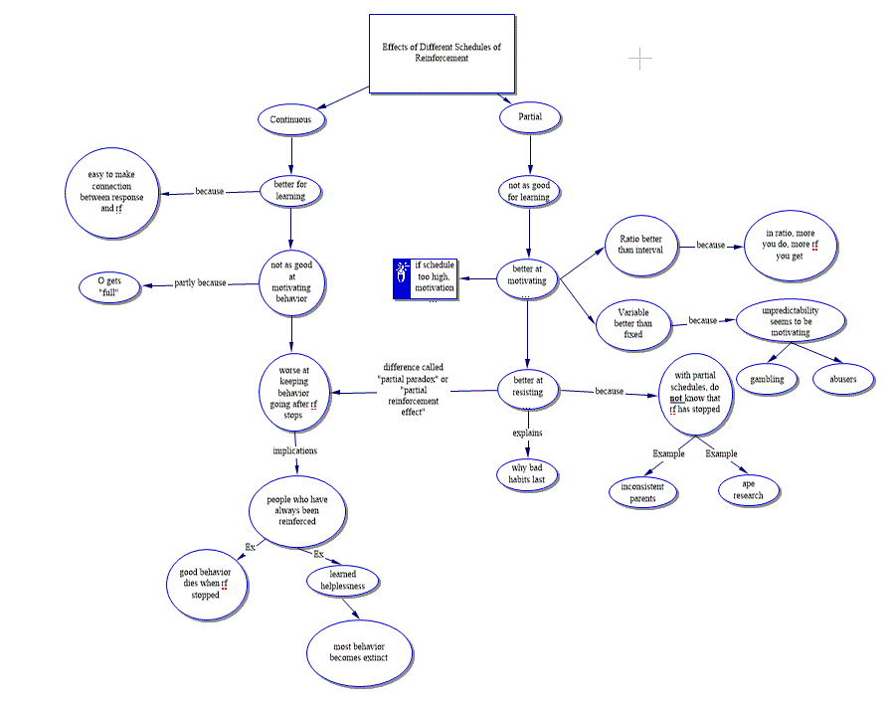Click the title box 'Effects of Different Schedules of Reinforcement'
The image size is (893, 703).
[442, 53]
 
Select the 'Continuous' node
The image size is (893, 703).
[290, 120]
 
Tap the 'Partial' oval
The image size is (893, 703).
[529, 118]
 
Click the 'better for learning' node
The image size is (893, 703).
[290, 190]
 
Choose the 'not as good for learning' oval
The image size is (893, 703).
[528, 191]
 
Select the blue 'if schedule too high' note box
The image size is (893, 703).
[425, 278]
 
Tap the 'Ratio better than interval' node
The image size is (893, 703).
[640, 244]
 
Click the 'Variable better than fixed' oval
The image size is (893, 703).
[633, 322]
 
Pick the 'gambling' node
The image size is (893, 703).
[767, 379]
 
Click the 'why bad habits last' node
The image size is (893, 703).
[527, 473]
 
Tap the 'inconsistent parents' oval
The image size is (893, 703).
[642, 492]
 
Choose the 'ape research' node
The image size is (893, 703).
[750, 489]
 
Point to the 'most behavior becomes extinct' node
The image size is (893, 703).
[360, 652]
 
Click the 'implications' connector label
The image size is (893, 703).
[294, 450]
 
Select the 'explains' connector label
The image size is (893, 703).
[527, 434]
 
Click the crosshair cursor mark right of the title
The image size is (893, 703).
[639, 59]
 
